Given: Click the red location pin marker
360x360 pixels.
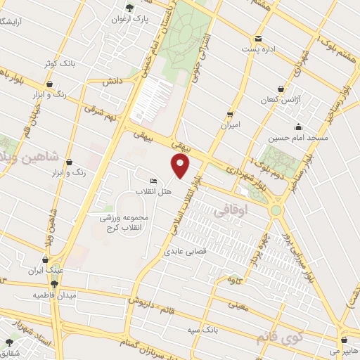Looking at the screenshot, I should tap(181, 165).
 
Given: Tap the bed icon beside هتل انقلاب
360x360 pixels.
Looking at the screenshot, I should tap(153, 181).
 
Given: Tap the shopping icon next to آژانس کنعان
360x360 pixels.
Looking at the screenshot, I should tap(281, 89).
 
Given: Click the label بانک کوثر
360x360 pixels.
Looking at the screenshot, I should tap(57, 63).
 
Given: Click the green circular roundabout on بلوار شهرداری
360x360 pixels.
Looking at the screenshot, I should tap(276, 210).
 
